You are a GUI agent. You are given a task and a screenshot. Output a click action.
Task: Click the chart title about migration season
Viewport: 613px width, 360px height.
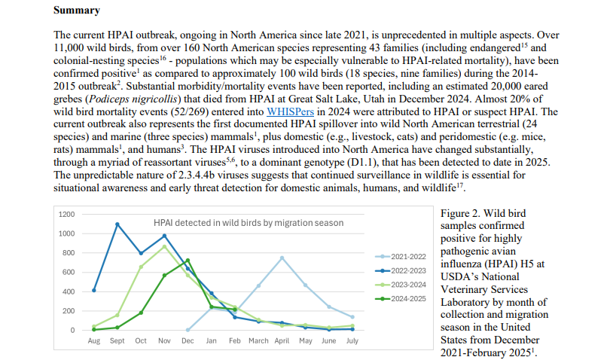point(249,223)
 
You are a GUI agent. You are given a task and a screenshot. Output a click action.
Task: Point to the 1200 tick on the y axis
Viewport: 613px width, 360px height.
point(67,214)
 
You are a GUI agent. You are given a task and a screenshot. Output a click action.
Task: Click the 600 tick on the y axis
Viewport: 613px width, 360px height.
point(69,272)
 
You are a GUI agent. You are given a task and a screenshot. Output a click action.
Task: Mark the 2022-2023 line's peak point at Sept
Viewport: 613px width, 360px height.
point(117,224)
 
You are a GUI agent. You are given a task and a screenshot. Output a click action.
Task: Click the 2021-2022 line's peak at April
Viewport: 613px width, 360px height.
point(282,258)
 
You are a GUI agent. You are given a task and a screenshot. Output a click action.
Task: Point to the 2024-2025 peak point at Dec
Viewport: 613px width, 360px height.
point(188,261)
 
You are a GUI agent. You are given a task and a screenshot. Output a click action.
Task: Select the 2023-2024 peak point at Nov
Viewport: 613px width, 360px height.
point(164,246)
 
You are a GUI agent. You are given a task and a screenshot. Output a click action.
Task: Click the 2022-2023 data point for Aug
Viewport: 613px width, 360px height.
point(93,290)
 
